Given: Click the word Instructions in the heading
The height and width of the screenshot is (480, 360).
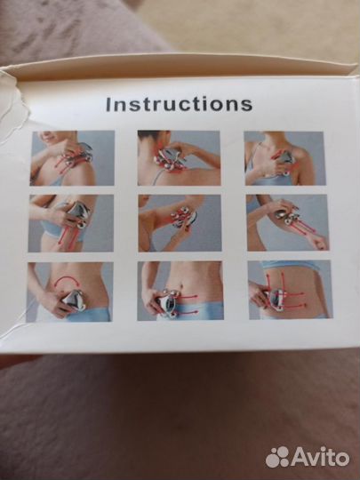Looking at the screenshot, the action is (x=179, y=104).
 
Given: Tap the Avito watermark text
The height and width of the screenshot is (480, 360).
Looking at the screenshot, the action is (x=320, y=458).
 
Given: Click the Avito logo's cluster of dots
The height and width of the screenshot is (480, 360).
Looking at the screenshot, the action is (x=277, y=457).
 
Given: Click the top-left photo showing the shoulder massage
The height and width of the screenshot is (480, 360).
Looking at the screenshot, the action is (x=72, y=158).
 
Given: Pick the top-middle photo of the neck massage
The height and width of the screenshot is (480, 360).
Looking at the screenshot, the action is (x=179, y=158).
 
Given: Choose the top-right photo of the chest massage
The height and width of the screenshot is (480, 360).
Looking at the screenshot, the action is (x=284, y=158).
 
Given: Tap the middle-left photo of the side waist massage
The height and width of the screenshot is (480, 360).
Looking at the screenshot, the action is (x=71, y=223).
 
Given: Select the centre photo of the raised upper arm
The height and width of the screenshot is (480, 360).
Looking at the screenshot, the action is (x=180, y=223).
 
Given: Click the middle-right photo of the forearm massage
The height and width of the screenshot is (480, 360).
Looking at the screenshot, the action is (x=288, y=222).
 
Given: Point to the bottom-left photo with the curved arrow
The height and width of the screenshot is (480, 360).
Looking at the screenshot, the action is (x=70, y=292).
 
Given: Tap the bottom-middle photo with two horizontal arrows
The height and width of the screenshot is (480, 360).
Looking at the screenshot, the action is (x=180, y=291).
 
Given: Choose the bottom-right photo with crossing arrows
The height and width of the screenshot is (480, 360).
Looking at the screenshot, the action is (x=290, y=290).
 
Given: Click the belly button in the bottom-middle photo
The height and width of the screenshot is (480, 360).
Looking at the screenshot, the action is (x=181, y=286).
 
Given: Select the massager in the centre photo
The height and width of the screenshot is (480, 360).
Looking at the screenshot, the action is (x=183, y=217).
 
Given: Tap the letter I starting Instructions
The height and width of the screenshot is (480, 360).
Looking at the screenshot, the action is (x=108, y=104).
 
